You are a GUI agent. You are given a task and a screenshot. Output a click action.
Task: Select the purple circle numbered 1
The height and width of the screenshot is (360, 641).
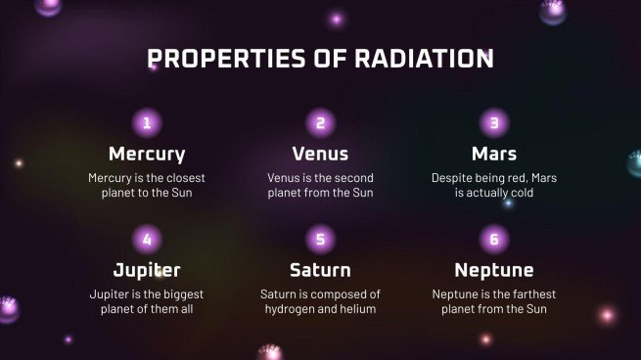tap(147, 122)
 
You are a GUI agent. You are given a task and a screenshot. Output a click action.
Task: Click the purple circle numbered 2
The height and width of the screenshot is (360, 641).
tap(320, 122)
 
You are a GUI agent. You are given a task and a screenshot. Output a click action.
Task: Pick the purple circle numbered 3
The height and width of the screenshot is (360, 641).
tap(494, 122)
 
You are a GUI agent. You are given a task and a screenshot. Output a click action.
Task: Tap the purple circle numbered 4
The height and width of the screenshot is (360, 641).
tap(147, 239)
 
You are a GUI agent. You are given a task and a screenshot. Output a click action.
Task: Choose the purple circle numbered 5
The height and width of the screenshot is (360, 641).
tap(320, 239)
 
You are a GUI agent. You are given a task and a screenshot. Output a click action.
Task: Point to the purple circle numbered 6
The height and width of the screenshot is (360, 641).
tap(494, 239)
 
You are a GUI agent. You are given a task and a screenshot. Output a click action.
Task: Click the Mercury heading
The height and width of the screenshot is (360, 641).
tap(147, 155)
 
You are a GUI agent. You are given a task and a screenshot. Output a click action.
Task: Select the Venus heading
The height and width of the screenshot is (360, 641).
tap(320, 155)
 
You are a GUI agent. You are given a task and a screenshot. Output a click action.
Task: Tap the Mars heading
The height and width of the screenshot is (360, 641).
tap(494, 155)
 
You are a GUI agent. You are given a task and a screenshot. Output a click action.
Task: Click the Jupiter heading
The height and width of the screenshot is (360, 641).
tap(147, 270)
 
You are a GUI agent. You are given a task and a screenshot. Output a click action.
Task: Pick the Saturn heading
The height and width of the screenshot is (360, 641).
tap(320, 270)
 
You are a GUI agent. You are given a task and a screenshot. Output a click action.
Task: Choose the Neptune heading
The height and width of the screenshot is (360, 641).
tap(494, 270)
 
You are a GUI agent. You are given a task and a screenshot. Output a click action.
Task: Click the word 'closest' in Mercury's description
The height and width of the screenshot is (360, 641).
tap(183, 178)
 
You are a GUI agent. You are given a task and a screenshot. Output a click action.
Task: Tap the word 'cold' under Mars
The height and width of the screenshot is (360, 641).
tap(520, 194)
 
